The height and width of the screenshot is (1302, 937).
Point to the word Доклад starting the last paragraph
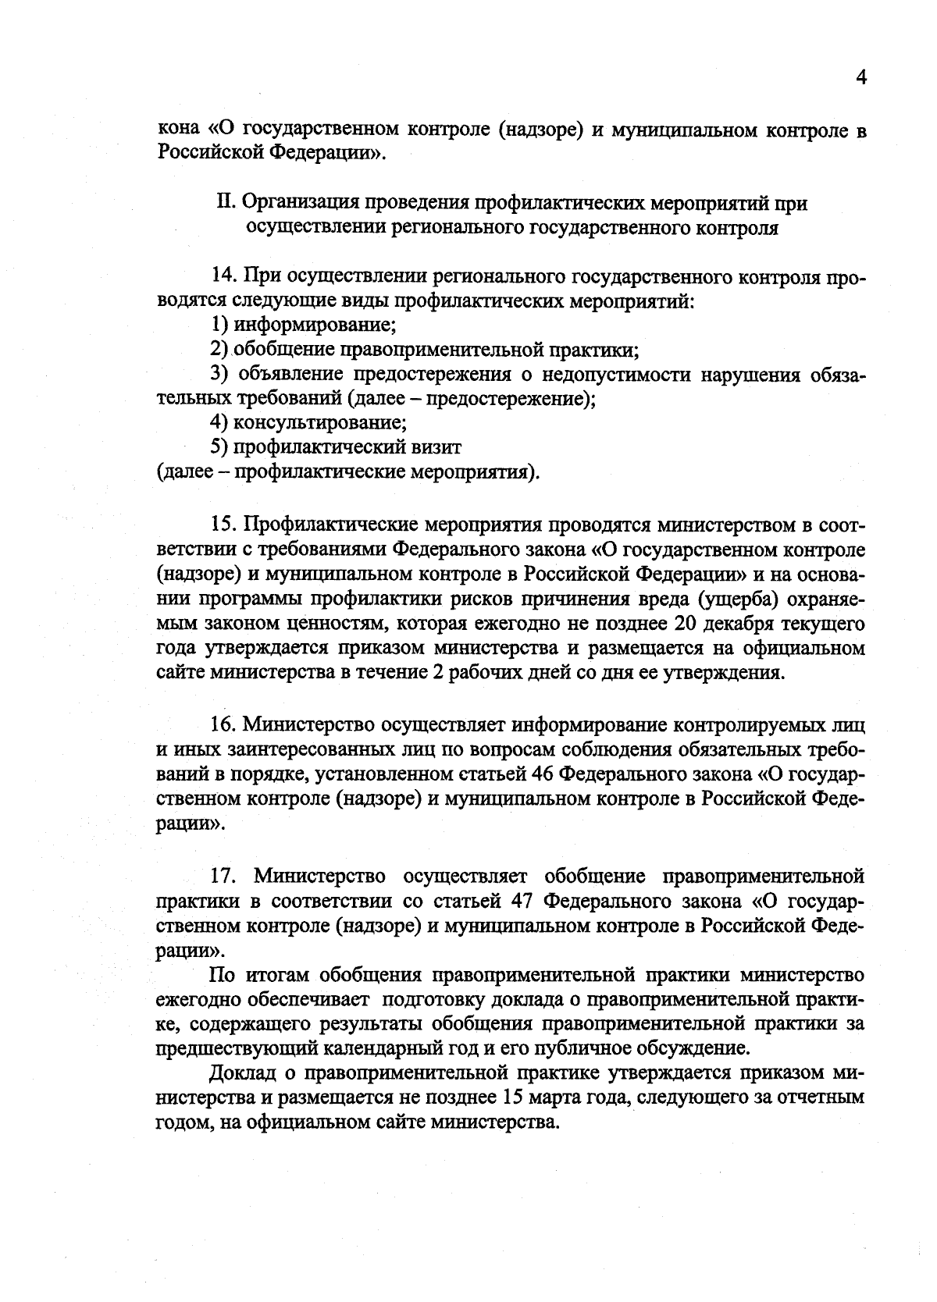tap(244, 1073)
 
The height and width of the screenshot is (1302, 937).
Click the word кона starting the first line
tap(179, 128)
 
